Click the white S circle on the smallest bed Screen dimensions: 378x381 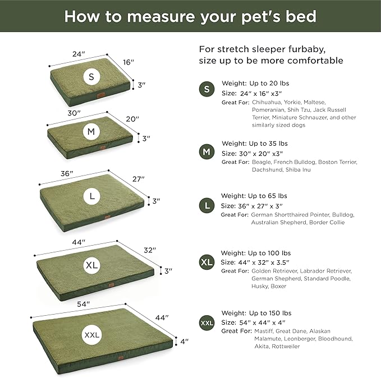point(91,76)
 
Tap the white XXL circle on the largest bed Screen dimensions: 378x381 point(91,335)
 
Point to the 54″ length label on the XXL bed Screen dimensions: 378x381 point(84,304)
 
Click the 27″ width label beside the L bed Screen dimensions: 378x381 point(139,179)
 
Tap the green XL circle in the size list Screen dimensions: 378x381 point(207,262)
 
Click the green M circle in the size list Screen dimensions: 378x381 point(207,152)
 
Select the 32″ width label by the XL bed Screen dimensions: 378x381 point(150,250)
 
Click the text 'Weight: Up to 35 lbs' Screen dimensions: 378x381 point(255,143)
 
